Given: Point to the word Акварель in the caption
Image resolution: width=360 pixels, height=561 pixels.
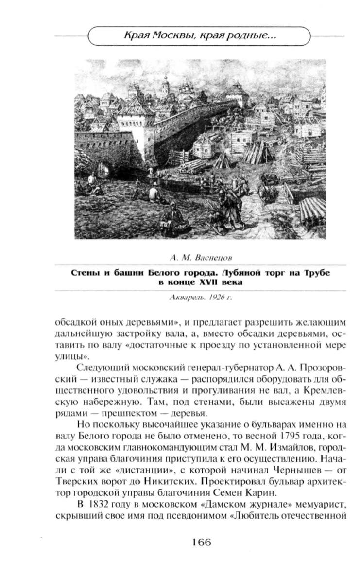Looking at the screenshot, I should point(186,297).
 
